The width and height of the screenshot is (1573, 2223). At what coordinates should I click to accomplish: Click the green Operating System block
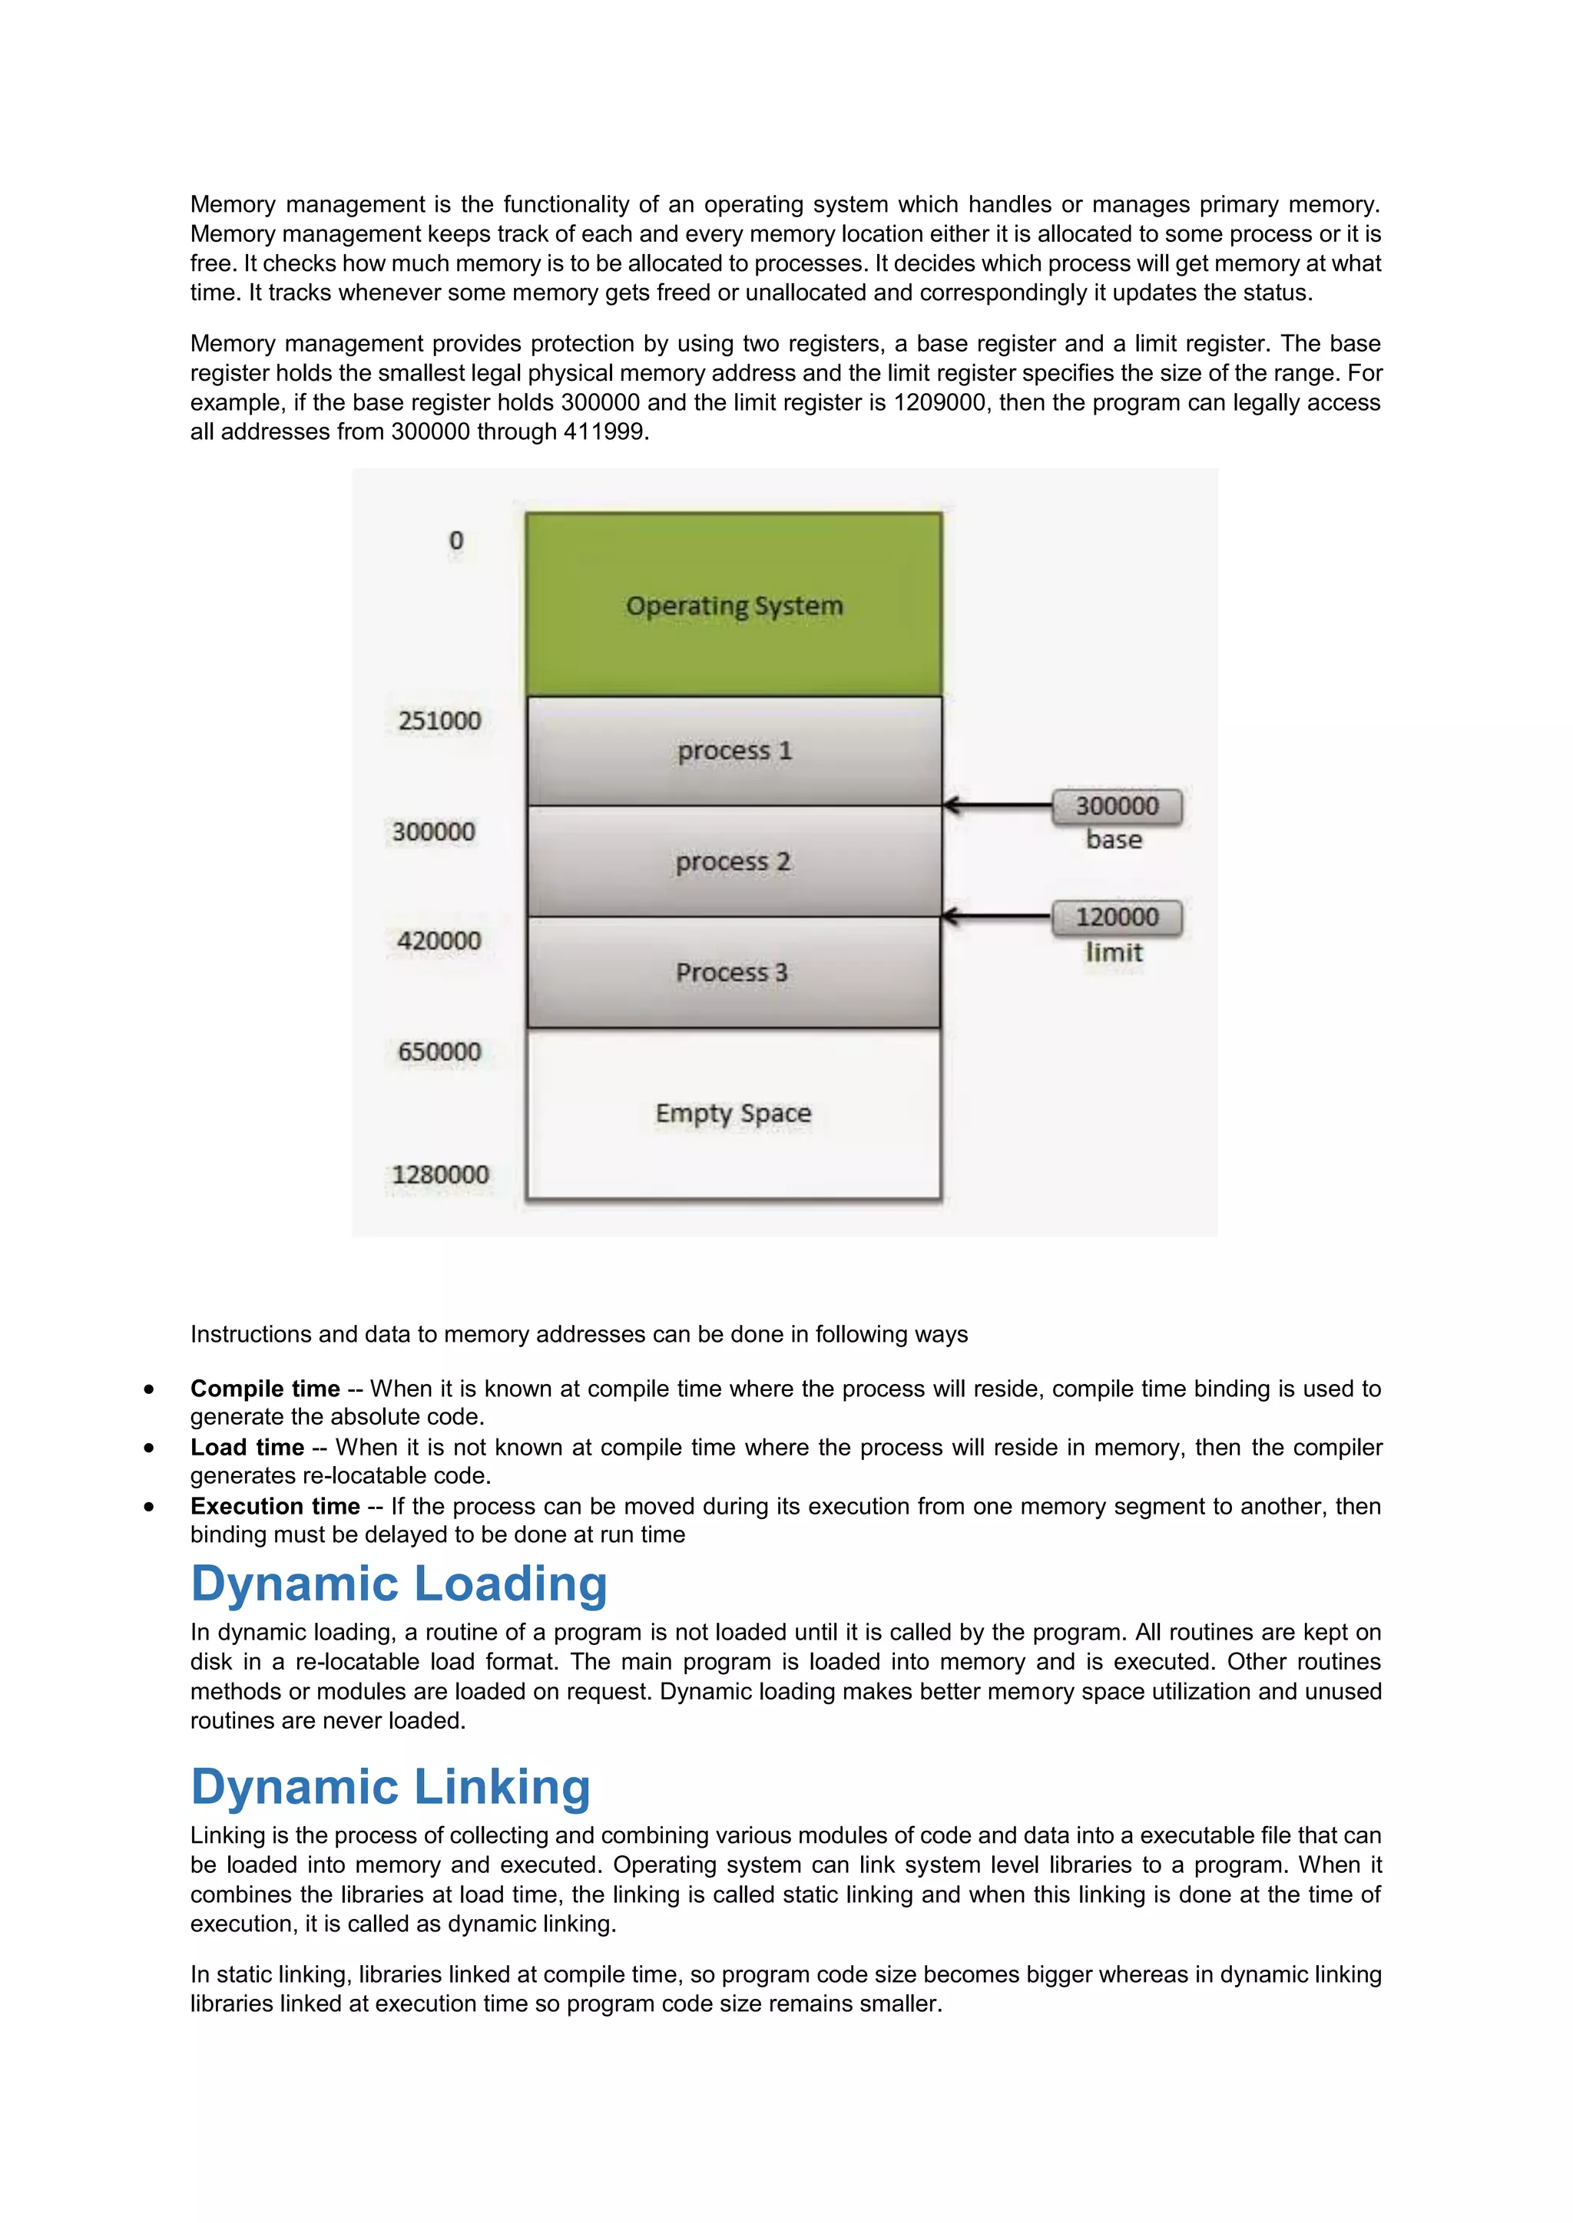coord(734,604)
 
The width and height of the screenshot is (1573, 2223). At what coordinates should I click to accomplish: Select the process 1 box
coord(734,751)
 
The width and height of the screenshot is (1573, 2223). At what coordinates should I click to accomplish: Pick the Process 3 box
coord(734,971)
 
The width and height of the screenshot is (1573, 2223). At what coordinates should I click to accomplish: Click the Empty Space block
coord(734,1114)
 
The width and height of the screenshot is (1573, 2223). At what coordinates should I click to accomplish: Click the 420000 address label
coord(439,940)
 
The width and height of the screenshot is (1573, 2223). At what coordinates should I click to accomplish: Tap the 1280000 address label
coord(440,1174)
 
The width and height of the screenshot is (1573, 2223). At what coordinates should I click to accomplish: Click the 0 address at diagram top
coord(456,540)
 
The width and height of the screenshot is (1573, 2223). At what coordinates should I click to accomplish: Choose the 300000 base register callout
coord(1117,805)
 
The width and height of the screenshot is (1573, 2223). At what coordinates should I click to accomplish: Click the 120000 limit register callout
coord(1117,917)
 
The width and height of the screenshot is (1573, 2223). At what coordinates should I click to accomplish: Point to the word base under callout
coord(1114,840)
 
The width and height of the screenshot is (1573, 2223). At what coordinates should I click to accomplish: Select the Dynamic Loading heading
coord(399,1584)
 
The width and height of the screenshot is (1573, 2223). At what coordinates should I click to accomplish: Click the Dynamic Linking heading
coord(390,1787)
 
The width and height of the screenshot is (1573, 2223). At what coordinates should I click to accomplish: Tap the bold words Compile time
coord(264,1389)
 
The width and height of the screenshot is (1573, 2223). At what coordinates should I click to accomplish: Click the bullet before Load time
coord(148,1448)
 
